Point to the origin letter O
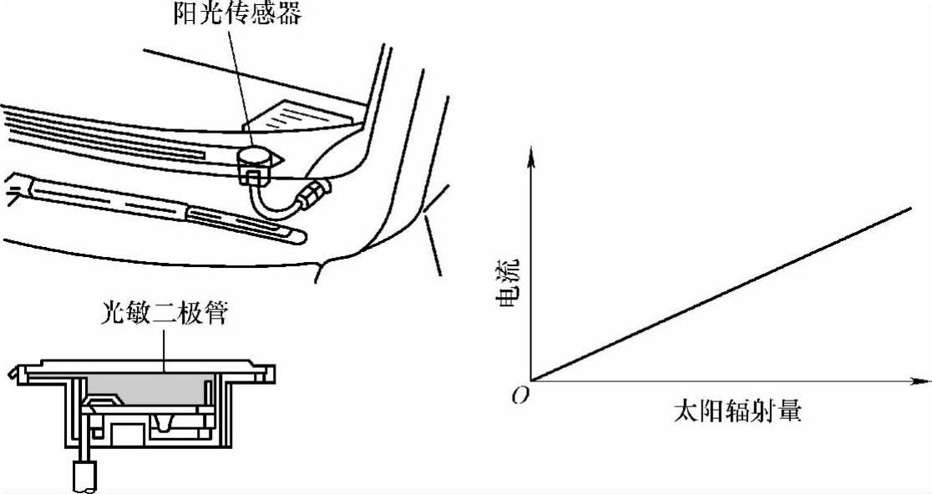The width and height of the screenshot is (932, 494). [x=519, y=395]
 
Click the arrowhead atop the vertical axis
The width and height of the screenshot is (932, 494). [x=530, y=151]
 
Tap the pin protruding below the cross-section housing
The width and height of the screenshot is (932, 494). [x=84, y=474]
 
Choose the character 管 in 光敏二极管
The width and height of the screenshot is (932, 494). [x=216, y=315]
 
